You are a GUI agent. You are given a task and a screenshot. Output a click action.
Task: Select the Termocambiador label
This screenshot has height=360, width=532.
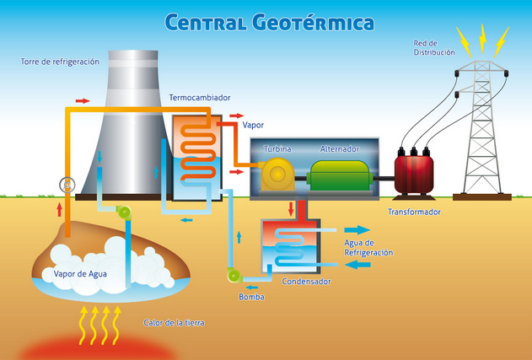coord(200,98)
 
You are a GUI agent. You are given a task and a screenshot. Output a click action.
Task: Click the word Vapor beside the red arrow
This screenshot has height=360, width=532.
coord(253,125)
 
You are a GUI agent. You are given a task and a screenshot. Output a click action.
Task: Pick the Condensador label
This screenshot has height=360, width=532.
coord(306,282)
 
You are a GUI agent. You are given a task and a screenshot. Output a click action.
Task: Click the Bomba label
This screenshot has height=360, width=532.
coord(252,297)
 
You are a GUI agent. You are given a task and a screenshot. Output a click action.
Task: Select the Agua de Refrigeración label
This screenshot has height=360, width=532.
coord(368,247)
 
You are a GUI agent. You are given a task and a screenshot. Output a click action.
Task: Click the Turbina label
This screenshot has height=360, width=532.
coord(277,149)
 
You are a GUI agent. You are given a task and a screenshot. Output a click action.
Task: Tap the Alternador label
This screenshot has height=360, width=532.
coord(340,149)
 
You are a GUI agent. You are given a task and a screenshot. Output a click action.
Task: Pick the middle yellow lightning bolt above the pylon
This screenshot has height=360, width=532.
coord(483,36)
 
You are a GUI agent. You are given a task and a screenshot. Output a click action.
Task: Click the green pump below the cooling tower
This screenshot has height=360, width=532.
coord(125,213)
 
